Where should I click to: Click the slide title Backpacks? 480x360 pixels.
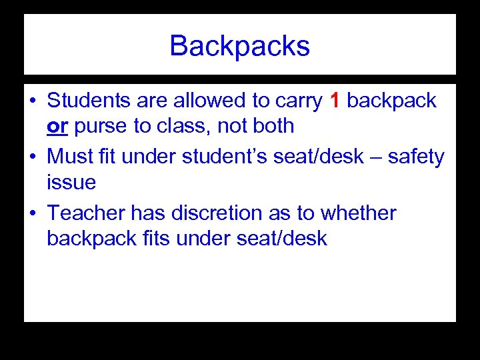click(239, 47)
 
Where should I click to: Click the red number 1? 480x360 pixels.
click(335, 101)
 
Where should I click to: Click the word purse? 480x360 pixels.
click(99, 126)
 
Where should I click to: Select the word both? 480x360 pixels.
click(269, 125)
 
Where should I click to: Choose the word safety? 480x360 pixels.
click(416, 157)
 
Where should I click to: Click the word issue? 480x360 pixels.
click(71, 182)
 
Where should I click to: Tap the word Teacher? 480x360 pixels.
click(86, 213)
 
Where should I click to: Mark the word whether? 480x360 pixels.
click(358, 213)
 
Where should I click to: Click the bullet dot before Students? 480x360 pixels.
click(32, 101)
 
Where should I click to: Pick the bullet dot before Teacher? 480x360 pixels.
click(32, 214)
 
